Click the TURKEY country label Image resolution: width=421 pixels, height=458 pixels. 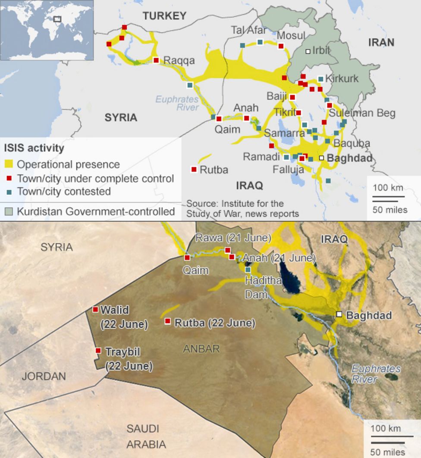pos(164,16)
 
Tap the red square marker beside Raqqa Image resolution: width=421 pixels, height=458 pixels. pos(156,60)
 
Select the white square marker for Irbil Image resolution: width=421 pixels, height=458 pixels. pos(308,51)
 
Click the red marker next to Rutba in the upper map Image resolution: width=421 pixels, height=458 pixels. pos(194,169)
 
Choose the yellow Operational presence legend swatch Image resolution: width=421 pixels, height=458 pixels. pos(9,164)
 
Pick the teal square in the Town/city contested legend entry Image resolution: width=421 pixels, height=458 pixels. pos(9,191)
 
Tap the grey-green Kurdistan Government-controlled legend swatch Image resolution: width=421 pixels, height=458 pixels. pos(9,212)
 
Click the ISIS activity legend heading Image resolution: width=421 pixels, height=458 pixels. pos(34,148)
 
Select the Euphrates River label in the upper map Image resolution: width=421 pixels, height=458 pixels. pos(177,103)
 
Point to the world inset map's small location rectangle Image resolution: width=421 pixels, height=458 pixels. pos(57,19)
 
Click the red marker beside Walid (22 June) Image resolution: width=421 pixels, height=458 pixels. pos(95,309)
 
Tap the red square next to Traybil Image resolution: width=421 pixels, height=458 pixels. pos(98,351)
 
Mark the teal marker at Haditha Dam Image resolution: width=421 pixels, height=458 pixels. pos(248,270)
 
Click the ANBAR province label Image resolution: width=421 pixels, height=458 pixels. pos(201,349)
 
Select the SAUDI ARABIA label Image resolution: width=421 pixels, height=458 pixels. pos(143,436)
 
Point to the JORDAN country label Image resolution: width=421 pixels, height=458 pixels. pos(44,376)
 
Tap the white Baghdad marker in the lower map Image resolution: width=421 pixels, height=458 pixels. pos(339,315)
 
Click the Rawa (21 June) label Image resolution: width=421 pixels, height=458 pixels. pos(233,237)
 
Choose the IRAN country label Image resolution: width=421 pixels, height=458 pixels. pos(381,42)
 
